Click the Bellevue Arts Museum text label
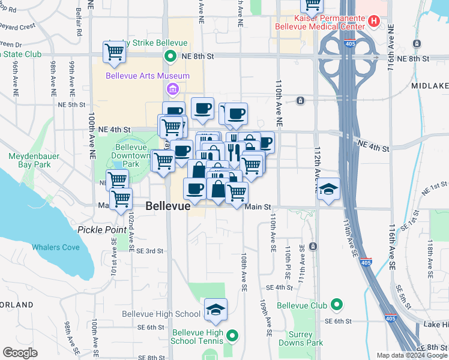tap(148, 76)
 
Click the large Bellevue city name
tap(168, 206)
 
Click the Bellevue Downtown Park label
tap(131, 155)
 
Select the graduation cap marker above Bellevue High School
tap(215, 310)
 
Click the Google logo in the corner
tap(20, 353)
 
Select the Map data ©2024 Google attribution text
tap(412, 355)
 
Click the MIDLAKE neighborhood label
tap(430, 86)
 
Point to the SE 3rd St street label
tap(150, 251)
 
